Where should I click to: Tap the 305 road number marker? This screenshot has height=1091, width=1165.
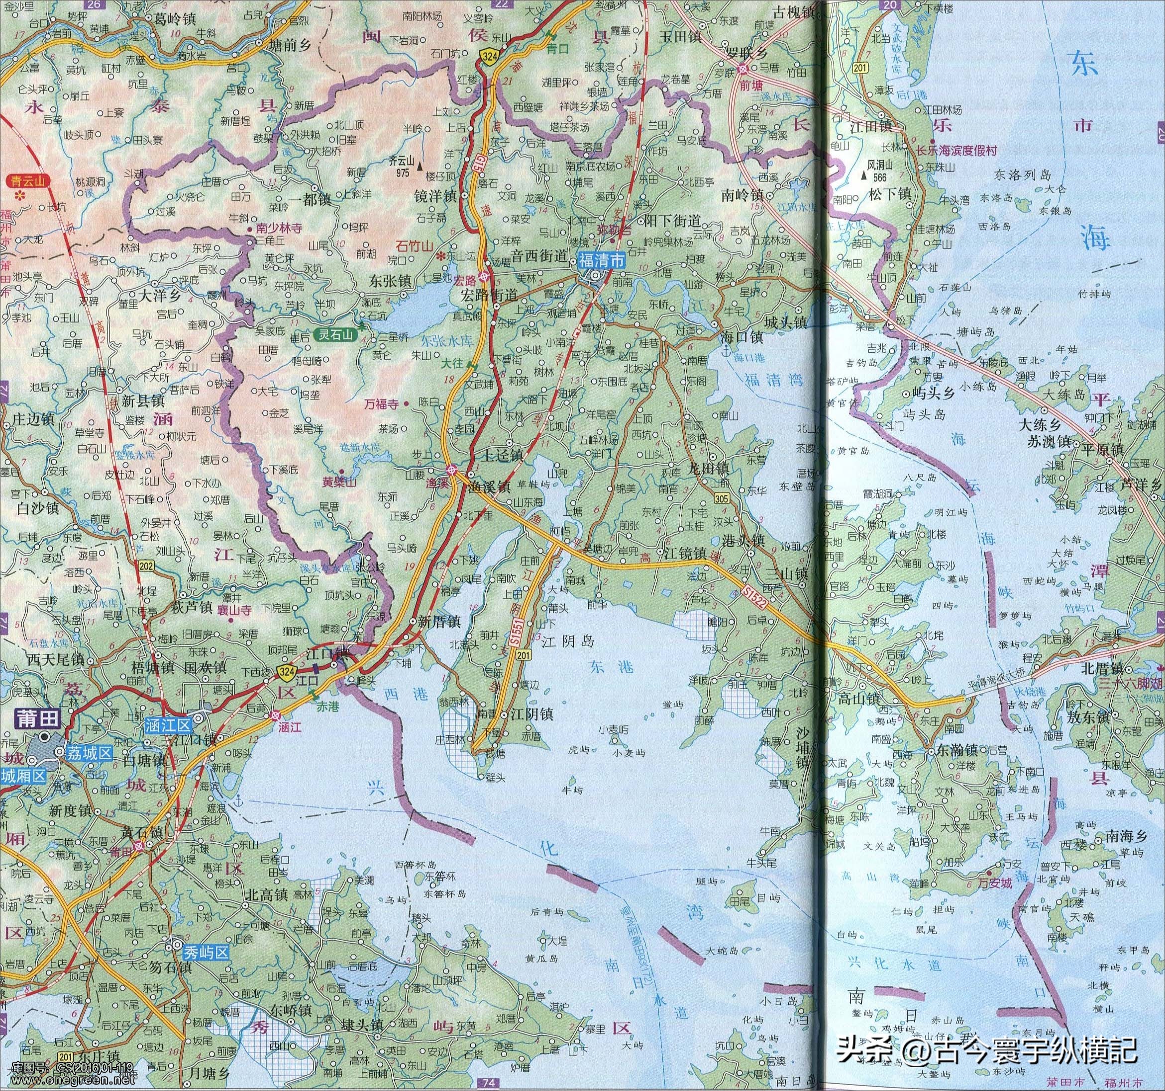point(723,498)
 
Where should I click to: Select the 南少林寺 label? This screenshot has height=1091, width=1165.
point(275,229)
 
